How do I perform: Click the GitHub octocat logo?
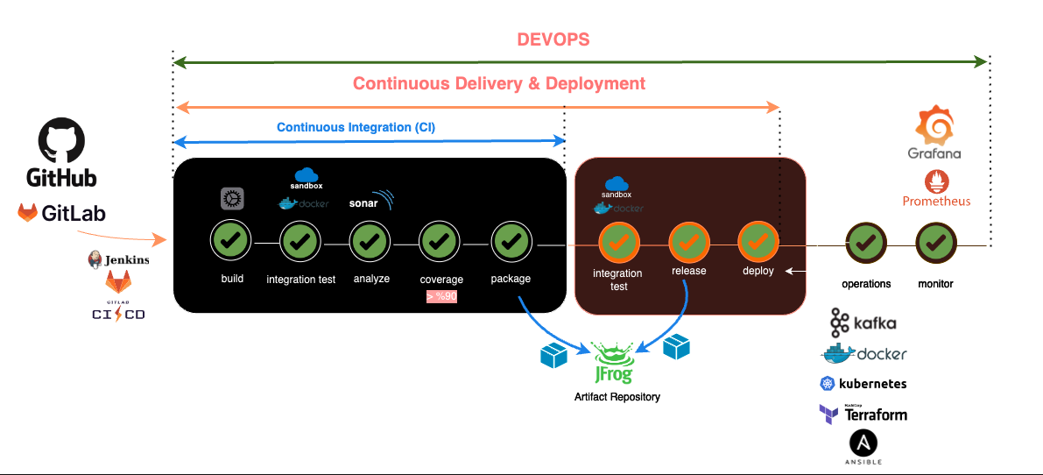click(60, 141)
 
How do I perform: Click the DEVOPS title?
click(553, 39)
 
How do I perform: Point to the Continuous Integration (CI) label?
click(356, 127)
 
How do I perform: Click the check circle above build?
click(230, 239)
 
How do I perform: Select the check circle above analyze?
click(370, 239)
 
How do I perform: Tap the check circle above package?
click(511, 239)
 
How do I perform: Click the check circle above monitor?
click(935, 239)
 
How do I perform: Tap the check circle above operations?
click(865, 239)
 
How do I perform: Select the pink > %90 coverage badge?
click(442, 297)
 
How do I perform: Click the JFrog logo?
click(617, 363)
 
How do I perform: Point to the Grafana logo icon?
click(934, 126)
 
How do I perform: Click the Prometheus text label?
click(936, 201)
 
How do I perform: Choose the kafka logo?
click(863, 323)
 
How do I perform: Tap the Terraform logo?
click(863, 414)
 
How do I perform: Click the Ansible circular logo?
click(863, 443)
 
